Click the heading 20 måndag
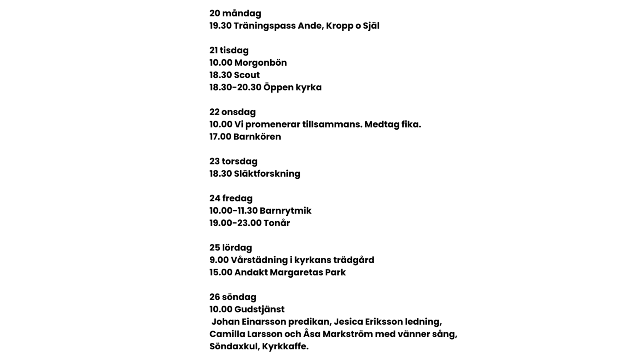point(235,14)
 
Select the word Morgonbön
point(260,63)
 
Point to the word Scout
point(247,75)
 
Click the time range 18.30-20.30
point(235,87)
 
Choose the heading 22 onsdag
point(233,112)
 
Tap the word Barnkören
point(257,137)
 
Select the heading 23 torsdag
point(233,162)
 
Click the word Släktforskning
point(267,174)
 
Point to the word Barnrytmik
point(285,211)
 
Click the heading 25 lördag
point(230,248)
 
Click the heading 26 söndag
point(233,297)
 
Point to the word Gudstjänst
point(259,310)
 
